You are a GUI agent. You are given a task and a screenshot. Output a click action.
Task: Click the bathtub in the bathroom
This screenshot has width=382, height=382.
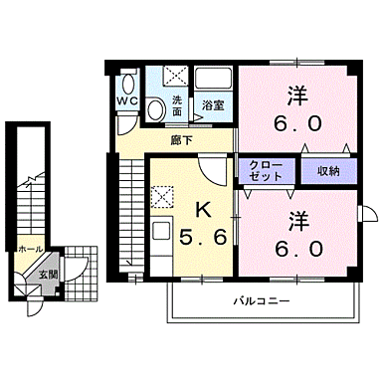pyautogui.click(x=213, y=80)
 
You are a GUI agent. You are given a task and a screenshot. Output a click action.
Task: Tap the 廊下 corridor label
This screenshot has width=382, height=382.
pyautogui.click(x=181, y=140)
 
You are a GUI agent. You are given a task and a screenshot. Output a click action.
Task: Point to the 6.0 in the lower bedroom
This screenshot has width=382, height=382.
pyautogui.click(x=295, y=245)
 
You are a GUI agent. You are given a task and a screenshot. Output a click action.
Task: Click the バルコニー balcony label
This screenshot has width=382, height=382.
pyautogui.click(x=262, y=298)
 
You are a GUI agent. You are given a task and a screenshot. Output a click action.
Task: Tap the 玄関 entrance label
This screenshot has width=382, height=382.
pyautogui.click(x=48, y=272)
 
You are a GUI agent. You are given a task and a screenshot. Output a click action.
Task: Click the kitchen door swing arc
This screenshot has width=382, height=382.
pyautogui.click(x=211, y=171)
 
